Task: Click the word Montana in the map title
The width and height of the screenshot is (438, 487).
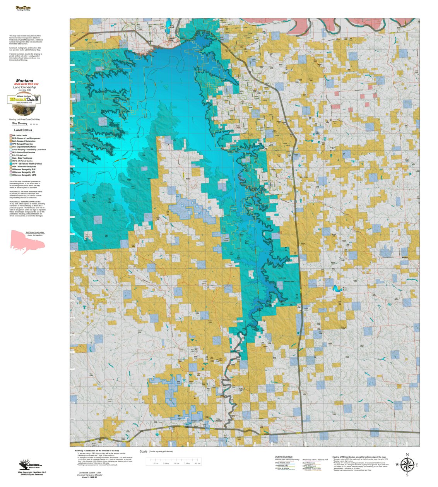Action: [x=24, y=81]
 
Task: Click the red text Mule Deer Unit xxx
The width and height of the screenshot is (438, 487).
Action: [x=26, y=84]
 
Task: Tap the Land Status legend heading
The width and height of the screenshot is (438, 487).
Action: [x=23, y=130]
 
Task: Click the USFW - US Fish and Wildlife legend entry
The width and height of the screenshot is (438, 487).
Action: [x=27, y=164]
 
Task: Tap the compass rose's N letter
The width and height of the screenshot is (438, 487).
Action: [x=407, y=455]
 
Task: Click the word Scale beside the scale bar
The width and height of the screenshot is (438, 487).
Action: [x=144, y=451]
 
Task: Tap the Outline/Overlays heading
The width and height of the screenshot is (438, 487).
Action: [x=284, y=457]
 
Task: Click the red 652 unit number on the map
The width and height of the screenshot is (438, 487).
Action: [x=280, y=232]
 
